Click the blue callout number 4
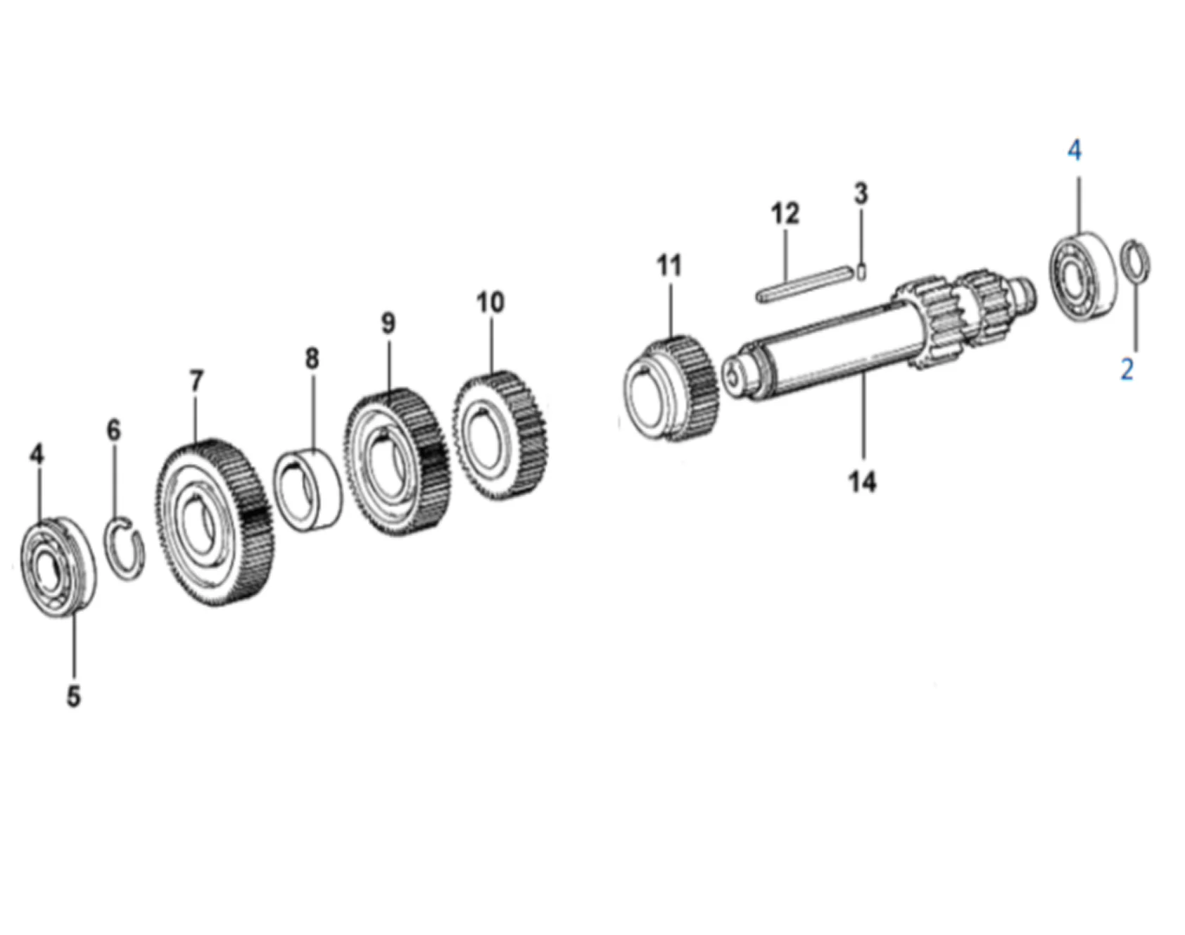(1074, 151)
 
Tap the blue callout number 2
(1127, 369)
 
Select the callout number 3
(861, 194)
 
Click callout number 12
(785, 213)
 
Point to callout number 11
(669, 266)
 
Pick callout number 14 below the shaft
(862, 482)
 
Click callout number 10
(490, 303)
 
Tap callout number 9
(388, 324)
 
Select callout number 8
(312, 358)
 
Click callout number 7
(196, 381)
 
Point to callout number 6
(113, 430)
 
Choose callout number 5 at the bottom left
(74, 696)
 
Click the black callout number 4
(37, 454)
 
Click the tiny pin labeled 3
(863, 270)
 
